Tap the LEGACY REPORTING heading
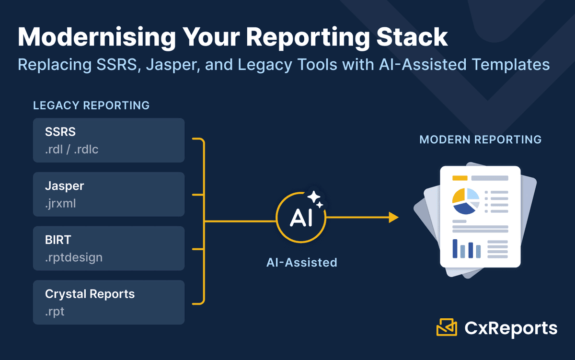(91, 105)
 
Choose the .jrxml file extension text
(60, 203)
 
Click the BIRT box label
(58, 240)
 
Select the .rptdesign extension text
(74, 257)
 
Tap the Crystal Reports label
(90, 293)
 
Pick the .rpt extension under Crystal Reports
(55, 312)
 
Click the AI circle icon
(301, 219)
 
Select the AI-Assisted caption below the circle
(301, 262)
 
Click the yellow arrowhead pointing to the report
(393, 218)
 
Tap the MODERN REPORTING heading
(480, 139)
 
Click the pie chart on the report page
(466, 201)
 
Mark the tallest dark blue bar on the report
(455, 248)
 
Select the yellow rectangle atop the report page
(460, 178)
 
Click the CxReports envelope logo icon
(447, 327)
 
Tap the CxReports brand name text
(511, 328)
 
